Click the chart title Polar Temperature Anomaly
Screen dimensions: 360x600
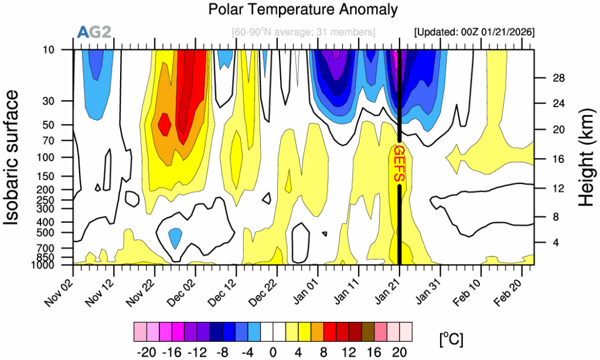pyautogui.click(x=302, y=10)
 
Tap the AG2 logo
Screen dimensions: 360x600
pyautogui.click(x=94, y=32)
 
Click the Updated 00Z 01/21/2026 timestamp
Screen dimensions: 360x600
pyautogui.click(x=473, y=32)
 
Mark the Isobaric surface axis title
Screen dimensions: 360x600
pyautogui.click(x=14, y=157)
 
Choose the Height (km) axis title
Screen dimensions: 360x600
pyautogui.click(x=586, y=157)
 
